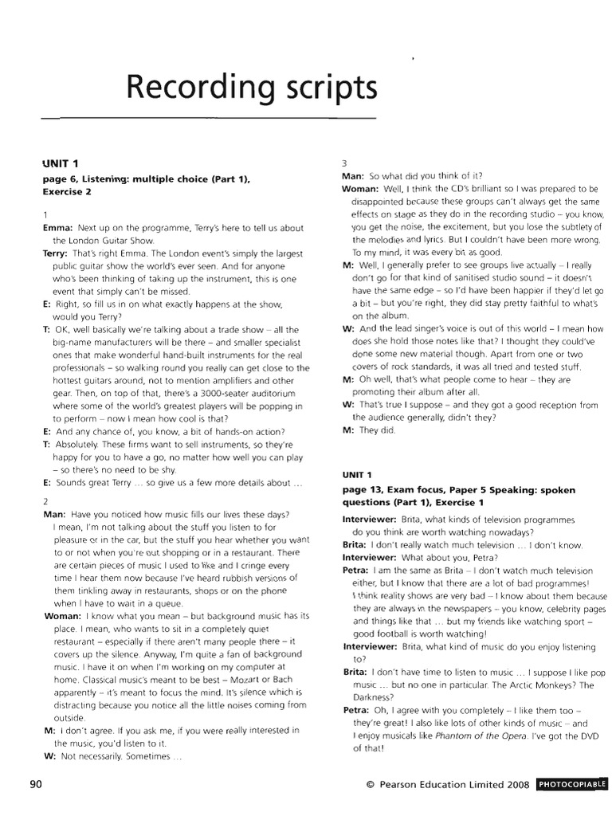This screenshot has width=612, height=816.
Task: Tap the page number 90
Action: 35,784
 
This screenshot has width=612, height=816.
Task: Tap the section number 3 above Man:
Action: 344,163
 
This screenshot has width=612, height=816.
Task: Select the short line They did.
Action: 379,430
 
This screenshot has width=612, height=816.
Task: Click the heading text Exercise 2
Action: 67,192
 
